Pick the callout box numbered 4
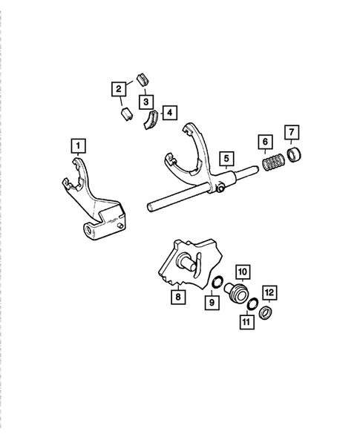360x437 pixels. (170, 112)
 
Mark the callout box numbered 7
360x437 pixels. (292, 134)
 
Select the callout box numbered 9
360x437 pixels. (211, 303)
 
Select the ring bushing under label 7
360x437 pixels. (294, 156)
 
